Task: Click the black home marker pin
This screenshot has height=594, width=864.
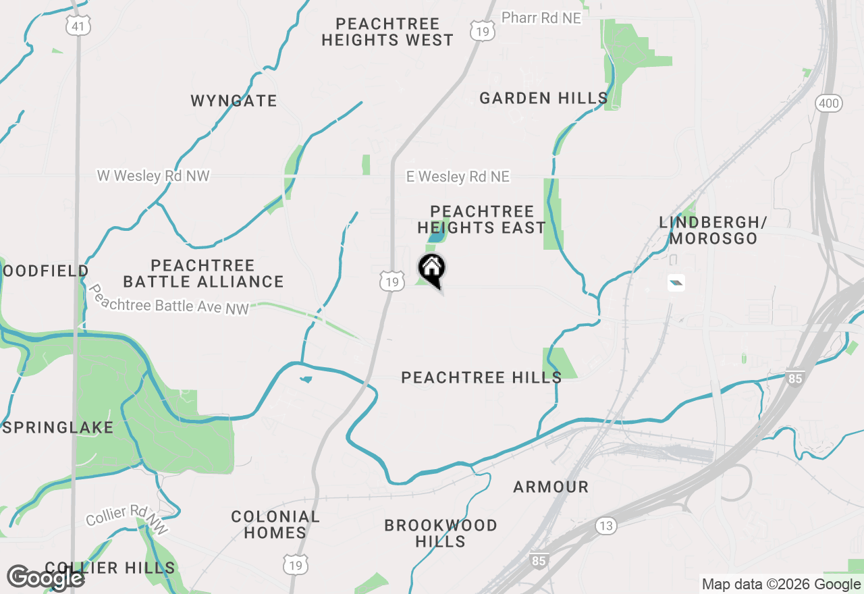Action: click(x=432, y=269)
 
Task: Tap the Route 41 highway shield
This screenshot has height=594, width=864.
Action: click(x=78, y=26)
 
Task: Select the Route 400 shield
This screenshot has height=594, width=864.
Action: click(x=828, y=103)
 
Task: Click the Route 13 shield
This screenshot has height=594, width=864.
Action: click(x=605, y=525)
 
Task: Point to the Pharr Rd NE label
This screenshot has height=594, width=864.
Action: click(x=541, y=18)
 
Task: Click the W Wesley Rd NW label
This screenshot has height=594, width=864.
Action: click(x=153, y=176)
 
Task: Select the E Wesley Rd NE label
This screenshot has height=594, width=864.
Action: click(x=458, y=177)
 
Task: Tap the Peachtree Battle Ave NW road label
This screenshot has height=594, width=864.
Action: click(x=169, y=300)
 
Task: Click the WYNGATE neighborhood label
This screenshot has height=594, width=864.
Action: click(x=234, y=101)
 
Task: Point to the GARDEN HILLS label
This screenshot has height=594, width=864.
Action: click(x=543, y=99)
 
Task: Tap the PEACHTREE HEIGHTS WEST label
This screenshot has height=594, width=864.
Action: click(x=387, y=32)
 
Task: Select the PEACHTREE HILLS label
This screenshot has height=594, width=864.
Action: click(x=481, y=377)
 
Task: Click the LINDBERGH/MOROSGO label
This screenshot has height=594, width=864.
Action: click(x=713, y=230)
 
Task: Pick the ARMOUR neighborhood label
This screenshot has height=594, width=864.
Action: click(x=551, y=487)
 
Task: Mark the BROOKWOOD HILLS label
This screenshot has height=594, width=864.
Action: click(x=441, y=533)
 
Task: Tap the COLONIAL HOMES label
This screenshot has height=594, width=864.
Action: click(x=275, y=524)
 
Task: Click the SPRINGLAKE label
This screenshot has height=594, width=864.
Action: click(x=58, y=428)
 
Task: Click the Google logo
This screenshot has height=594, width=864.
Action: click(x=45, y=578)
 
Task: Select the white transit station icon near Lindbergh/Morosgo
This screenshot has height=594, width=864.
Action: click(x=676, y=283)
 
